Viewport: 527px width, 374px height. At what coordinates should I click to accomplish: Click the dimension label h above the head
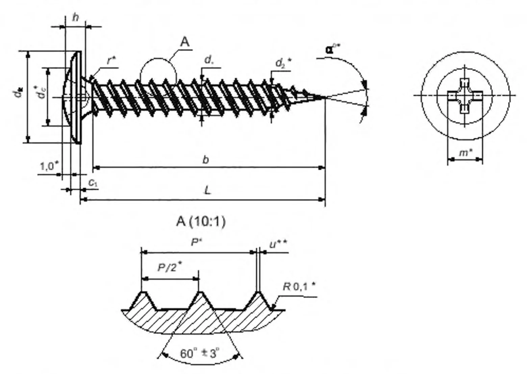(x=75, y=18)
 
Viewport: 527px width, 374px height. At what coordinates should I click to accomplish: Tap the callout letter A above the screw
(x=184, y=42)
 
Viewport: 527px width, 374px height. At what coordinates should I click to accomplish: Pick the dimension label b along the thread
(x=205, y=160)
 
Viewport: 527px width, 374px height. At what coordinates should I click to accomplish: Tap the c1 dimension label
(x=93, y=182)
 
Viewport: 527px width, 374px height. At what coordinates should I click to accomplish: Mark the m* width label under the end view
(x=466, y=153)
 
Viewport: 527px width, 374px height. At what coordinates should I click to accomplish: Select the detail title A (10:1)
(x=201, y=222)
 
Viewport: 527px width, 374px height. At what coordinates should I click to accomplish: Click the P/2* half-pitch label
(x=170, y=267)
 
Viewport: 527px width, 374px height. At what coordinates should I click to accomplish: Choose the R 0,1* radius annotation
(x=299, y=287)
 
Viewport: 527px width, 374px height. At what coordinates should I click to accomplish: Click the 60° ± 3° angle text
(x=200, y=354)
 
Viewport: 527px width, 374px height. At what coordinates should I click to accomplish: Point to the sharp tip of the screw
(x=325, y=98)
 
